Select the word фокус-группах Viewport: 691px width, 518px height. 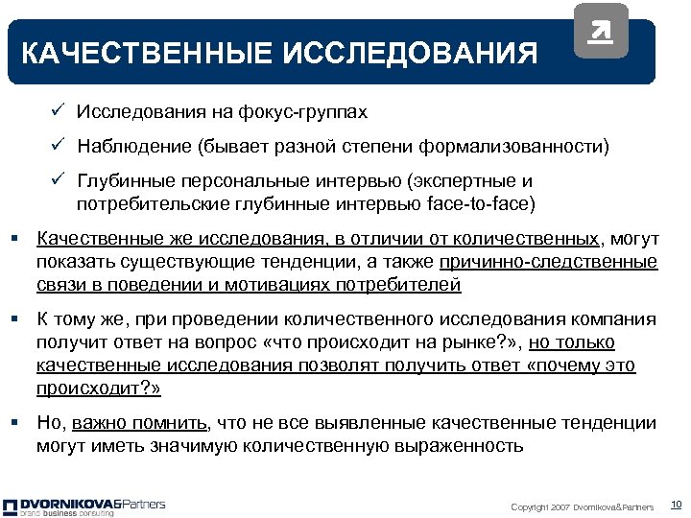pyautogui.click(x=314, y=113)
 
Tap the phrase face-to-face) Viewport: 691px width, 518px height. pyautogui.click(x=486, y=203)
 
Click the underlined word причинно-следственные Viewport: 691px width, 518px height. pyautogui.click(x=549, y=262)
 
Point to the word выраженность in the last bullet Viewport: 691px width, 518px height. pyautogui.click(x=461, y=445)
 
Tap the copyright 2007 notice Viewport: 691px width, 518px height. pyautogui.click(x=582, y=506)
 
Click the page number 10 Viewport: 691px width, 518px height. pyautogui.click(x=675, y=505)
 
